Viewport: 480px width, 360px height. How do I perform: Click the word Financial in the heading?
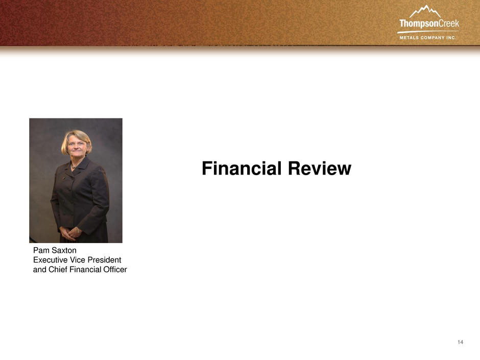click(x=242, y=169)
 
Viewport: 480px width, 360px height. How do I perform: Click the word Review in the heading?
click(x=320, y=169)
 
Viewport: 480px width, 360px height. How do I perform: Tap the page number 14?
click(x=461, y=342)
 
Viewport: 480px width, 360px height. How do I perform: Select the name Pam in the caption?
click(x=41, y=250)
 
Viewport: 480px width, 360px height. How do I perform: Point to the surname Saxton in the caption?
click(x=64, y=250)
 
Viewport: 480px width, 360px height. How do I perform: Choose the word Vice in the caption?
click(x=73, y=260)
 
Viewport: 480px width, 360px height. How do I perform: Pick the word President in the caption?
click(x=100, y=260)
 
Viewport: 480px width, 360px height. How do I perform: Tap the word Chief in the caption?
click(x=58, y=270)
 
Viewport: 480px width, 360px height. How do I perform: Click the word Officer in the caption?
click(x=115, y=270)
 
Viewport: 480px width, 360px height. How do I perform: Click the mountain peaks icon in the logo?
click(x=425, y=12)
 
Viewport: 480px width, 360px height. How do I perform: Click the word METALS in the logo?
click(x=409, y=38)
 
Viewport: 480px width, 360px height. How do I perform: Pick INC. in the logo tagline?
click(x=451, y=38)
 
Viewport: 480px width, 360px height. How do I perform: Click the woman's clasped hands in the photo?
click(x=70, y=233)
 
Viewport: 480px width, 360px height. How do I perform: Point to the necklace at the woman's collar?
click(x=74, y=167)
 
